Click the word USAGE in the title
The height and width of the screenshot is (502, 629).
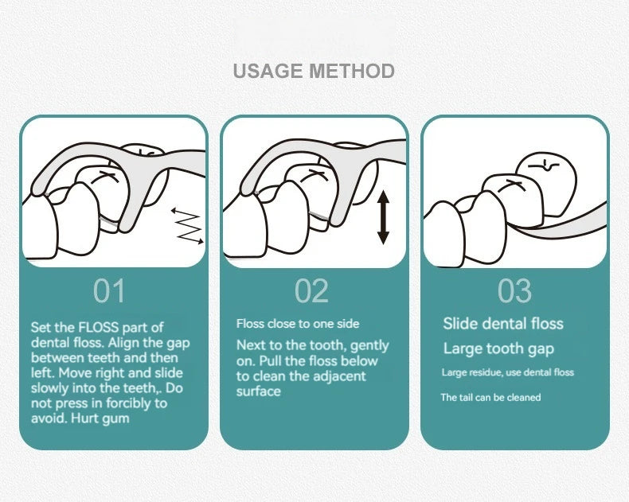[x=268, y=71]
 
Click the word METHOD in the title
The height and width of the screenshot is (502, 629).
[x=352, y=71]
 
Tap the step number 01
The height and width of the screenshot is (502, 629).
[x=110, y=290]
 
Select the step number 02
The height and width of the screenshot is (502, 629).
[x=311, y=290]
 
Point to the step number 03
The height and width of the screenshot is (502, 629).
[x=514, y=290]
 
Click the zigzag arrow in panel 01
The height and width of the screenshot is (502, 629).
[x=187, y=226]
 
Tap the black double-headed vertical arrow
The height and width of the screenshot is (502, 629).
[x=384, y=217]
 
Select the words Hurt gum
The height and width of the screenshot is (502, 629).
[x=100, y=418]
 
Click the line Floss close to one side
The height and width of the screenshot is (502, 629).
[x=298, y=324]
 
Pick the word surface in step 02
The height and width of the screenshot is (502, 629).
[x=258, y=391]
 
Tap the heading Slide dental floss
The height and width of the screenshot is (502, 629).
[x=503, y=324]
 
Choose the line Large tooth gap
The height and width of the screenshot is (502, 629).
[x=498, y=348]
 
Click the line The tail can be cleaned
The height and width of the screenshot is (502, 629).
[x=490, y=397]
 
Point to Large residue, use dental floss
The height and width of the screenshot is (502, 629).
[x=508, y=372]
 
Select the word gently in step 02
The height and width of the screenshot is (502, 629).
[x=369, y=345]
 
